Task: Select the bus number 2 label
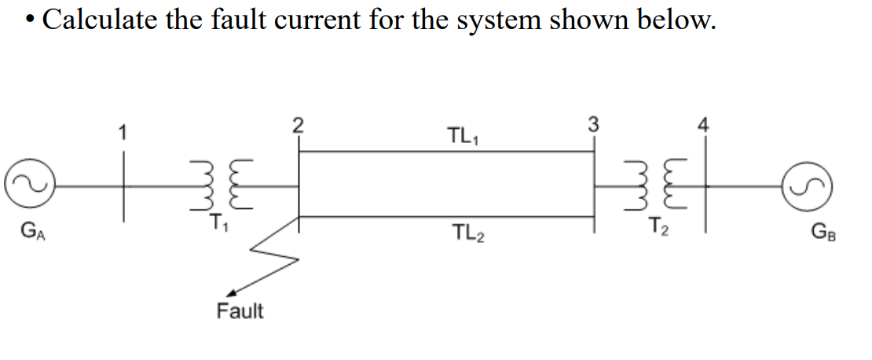[x=297, y=125]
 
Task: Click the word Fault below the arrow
[x=240, y=311]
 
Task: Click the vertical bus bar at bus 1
[x=123, y=189]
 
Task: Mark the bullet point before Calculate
[x=27, y=20]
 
